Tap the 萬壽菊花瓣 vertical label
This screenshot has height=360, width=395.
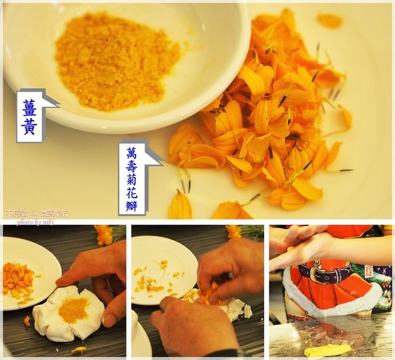click(132, 178)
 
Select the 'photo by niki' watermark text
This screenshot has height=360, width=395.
click(33, 222)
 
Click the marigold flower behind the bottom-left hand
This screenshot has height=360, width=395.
click(104, 234)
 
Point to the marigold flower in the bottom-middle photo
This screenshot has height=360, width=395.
click(233, 232)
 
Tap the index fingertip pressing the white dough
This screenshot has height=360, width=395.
click(61, 283)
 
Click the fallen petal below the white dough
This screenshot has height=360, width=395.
click(78, 349)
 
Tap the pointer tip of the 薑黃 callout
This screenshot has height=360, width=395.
click(58, 103)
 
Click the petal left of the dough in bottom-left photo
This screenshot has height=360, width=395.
click(27, 321)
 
